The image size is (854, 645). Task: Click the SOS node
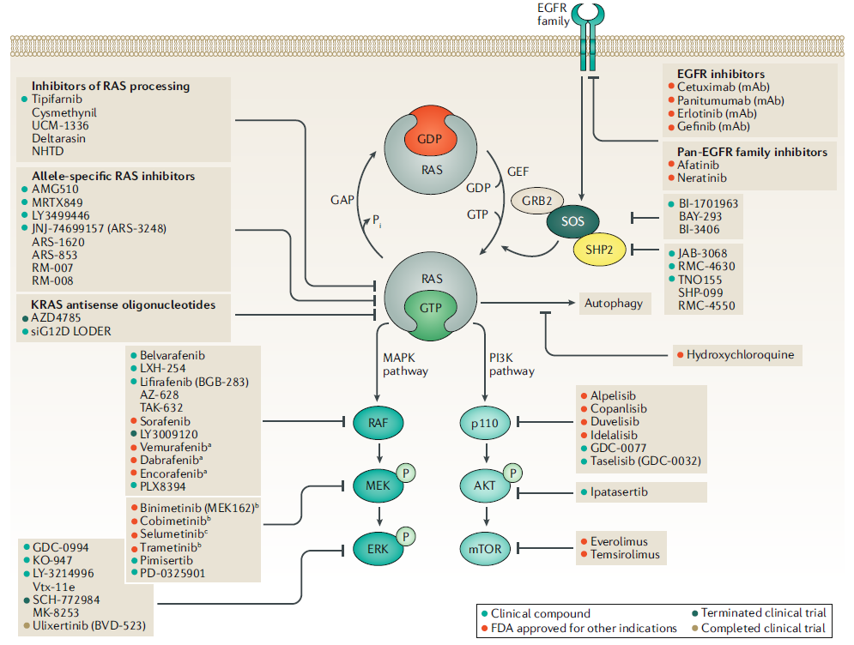pyautogui.click(x=572, y=221)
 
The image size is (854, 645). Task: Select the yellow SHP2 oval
pyautogui.click(x=599, y=250)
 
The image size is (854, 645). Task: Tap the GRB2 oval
pyautogui.click(x=537, y=201)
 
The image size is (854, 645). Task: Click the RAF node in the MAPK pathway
pyautogui.click(x=378, y=423)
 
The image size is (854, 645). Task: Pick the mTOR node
pyautogui.click(x=485, y=549)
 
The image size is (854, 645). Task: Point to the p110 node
pyautogui.click(x=485, y=423)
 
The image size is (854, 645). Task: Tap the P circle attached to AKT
pyautogui.click(x=512, y=473)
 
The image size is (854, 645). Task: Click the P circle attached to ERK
pyautogui.click(x=406, y=537)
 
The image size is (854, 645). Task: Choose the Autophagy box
pyautogui.click(x=614, y=303)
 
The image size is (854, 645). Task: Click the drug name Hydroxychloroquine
pyautogui.click(x=740, y=355)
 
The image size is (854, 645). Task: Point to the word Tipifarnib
pyautogui.click(x=57, y=99)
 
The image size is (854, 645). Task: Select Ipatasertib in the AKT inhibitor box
pyautogui.click(x=620, y=492)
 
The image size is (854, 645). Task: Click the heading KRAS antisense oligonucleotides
pyautogui.click(x=123, y=304)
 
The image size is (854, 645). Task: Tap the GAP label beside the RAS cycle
pyautogui.click(x=342, y=201)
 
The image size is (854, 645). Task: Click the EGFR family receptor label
pyautogui.click(x=553, y=15)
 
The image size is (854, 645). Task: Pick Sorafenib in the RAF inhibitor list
pyautogui.click(x=165, y=421)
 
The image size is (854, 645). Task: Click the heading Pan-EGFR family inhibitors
pyautogui.click(x=752, y=152)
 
